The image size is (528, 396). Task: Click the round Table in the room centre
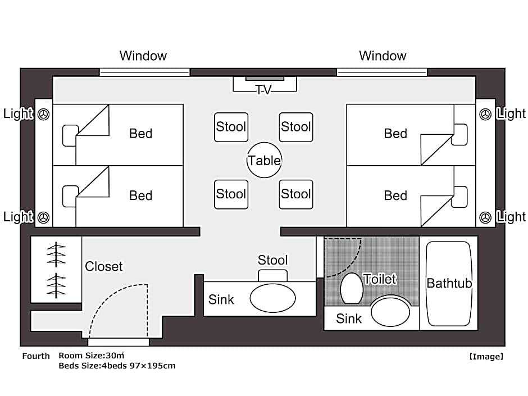pos(264,160)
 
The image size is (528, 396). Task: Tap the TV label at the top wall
pos(263,89)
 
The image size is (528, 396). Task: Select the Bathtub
pos(449,284)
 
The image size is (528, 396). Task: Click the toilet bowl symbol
pos(352,289)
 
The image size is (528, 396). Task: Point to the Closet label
pos(104,266)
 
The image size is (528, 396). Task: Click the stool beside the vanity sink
pos(273,275)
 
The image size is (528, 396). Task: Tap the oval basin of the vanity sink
pos(273,298)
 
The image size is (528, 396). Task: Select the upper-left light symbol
pos(43,114)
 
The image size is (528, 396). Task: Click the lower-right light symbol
pos(485,217)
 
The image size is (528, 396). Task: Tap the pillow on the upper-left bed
pos(70,135)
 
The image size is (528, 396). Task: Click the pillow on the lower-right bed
pos(459,197)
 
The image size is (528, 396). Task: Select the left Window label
pos(143,56)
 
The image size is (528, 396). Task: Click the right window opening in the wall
pos(382,72)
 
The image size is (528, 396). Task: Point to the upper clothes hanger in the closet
pos(56,254)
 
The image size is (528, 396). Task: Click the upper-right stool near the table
pos(296,127)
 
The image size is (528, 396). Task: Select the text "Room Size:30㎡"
pos(91,356)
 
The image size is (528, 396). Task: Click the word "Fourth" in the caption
pos(36,356)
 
